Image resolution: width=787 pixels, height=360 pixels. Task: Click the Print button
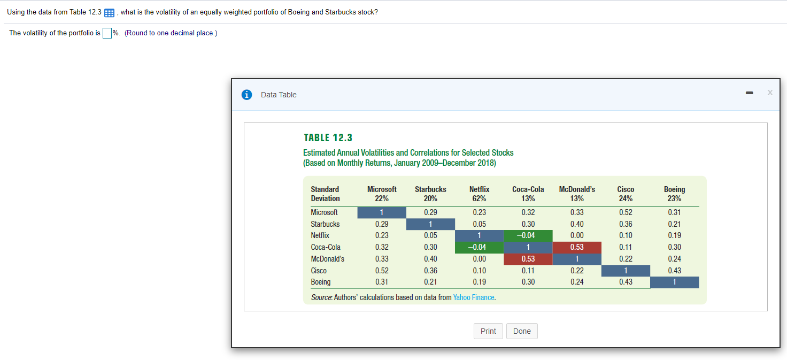(x=488, y=331)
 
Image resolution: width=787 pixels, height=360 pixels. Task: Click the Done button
(x=522, y=331)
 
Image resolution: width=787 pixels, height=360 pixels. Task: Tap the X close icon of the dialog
(x=770, y=93)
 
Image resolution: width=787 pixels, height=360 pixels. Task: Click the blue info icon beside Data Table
(x=246, y=95)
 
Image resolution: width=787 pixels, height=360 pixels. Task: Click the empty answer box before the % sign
(x=107, y=33)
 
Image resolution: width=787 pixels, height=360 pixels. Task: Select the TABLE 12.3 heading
(x=328, y=137)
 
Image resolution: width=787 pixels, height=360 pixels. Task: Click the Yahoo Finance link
(x=474, y=297)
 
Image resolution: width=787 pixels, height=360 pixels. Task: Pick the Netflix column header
(x=479, y=194)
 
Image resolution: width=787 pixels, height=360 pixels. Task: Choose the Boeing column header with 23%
(x=674, y=194)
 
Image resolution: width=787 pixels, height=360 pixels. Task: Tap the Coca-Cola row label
(x=326, y=247)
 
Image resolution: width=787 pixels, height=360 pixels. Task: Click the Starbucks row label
(x=325, y=224)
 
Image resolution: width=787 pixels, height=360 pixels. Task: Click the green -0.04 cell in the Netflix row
(x=527, y=235)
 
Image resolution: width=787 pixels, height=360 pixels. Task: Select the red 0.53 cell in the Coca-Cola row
(x=577, y=247)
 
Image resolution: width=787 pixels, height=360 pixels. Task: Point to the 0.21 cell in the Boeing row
(x=430, y=282)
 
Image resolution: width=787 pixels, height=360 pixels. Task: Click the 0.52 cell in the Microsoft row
(x=626, y=212)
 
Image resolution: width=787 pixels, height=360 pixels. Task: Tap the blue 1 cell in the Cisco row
(x=626, y=271)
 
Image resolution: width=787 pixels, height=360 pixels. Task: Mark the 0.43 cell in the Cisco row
(x=674, y=271)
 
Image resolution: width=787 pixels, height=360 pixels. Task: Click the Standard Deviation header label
(x=325, y=194)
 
